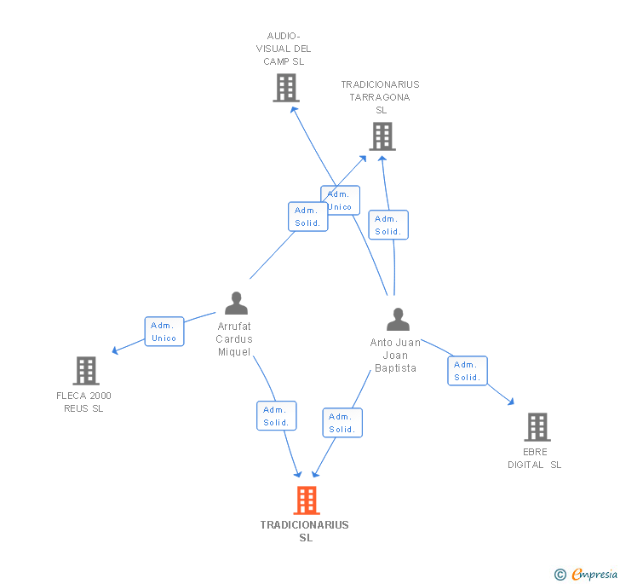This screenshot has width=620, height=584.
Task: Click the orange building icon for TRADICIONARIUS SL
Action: coord(307,500)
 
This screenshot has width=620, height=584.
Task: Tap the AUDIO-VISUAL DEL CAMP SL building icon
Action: coord(286,88)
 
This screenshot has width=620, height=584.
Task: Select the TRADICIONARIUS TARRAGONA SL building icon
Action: coord(382,136)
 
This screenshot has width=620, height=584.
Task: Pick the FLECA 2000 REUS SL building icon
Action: coord(86,371)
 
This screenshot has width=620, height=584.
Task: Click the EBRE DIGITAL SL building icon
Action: coord(537,426)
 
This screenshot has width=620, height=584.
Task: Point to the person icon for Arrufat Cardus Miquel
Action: coord(236,304)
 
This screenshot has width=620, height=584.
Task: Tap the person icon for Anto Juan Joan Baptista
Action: coord(398,320)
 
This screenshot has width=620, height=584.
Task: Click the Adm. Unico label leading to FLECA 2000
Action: coord(164,332)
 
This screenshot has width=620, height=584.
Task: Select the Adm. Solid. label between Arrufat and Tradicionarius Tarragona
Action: coord(307,217)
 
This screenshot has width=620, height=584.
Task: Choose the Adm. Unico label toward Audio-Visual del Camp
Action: coord(340,200)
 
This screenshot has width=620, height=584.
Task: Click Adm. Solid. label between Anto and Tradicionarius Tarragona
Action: coord(388,225)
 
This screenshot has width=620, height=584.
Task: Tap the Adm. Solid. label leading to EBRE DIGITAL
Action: coord(468,371)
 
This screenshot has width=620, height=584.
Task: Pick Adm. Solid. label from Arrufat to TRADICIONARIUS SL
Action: coord(277,416)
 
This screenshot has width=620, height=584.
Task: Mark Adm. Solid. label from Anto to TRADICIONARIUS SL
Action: coord(342,423)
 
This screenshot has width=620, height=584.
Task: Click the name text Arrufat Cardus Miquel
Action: coord(235,339)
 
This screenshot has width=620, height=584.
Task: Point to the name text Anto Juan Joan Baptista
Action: coord(396,356)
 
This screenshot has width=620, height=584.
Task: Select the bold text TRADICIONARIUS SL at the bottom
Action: coord(305,531)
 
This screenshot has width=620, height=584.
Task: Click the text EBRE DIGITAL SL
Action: coord(535,458)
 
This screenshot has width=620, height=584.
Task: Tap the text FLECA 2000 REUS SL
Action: coord(84,402)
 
